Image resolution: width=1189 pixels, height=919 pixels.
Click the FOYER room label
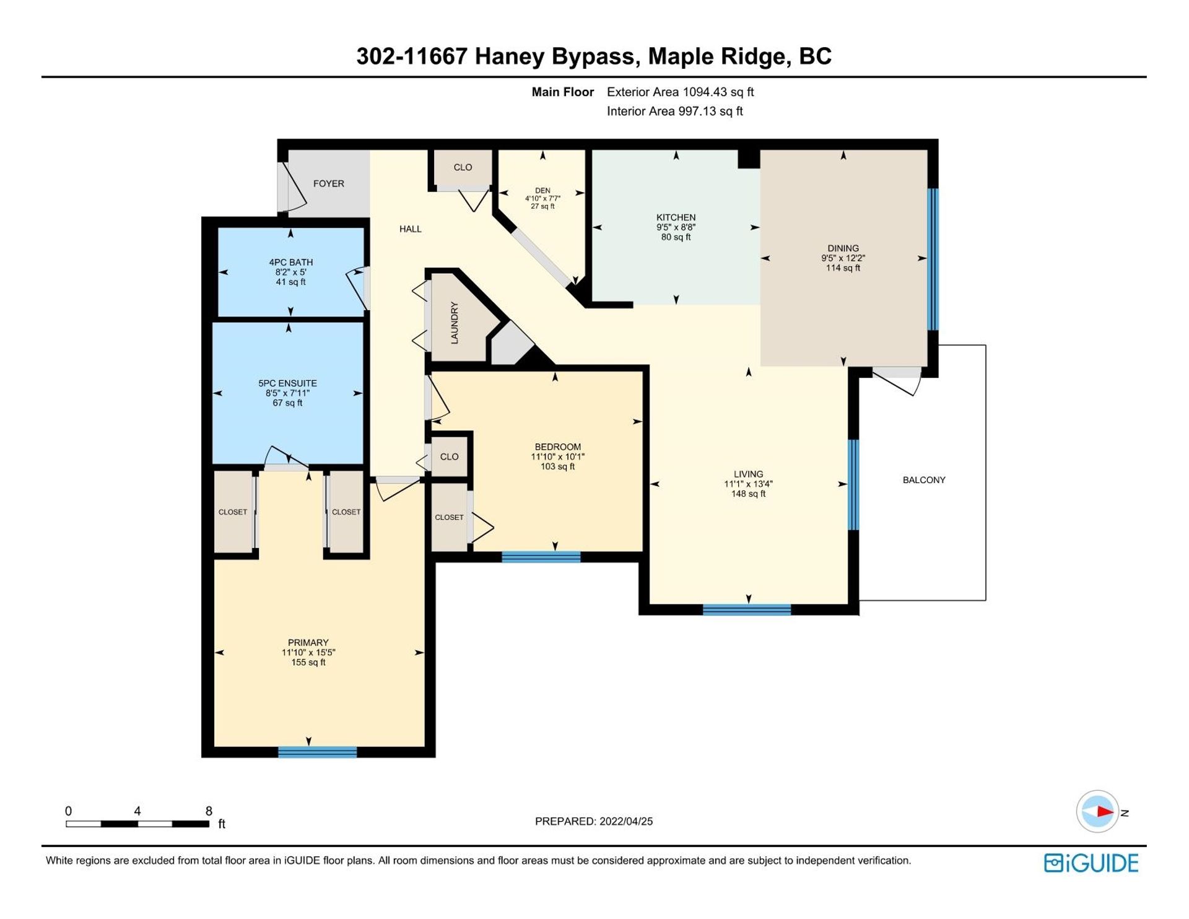tap(328, 184)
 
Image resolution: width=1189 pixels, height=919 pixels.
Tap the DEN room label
tap(542, 191)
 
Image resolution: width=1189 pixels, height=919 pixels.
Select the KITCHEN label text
tap(676, 217)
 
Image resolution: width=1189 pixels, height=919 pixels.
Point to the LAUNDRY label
tap(454, 323)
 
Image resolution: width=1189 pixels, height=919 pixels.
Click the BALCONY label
tap(924, 480)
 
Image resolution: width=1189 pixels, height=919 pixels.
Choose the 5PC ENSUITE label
tap(287, 383)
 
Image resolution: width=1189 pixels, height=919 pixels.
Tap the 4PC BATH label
tap(290, 263)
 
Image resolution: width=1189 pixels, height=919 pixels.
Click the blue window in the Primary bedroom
tap(317, 752)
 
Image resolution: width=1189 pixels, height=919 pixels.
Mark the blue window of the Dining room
tap(933, 259)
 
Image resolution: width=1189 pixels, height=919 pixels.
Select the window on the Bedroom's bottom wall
tap(541, 557)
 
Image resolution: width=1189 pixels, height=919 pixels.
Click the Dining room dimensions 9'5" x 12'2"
tap(843, 258)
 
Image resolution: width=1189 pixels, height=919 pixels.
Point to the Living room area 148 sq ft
tap(748, 494)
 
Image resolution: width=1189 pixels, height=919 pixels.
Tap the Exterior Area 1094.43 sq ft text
tap(680, 92)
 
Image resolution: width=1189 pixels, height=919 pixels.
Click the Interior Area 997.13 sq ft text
tap(674, 111)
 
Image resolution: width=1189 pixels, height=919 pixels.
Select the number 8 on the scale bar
tap(209, 811)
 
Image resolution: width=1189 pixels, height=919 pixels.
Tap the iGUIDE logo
tap(1091, 863)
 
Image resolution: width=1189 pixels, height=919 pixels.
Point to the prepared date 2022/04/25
tap(626, 821)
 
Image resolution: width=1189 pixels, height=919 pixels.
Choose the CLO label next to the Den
tap(463, 167)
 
